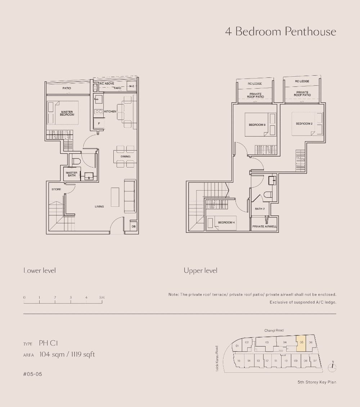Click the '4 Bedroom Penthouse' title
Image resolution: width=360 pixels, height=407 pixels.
280,32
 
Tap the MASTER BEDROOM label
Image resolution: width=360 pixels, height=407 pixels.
67,113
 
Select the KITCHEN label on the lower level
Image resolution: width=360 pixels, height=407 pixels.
110,112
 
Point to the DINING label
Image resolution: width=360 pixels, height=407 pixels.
126,157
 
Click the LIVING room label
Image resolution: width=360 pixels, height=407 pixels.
99,207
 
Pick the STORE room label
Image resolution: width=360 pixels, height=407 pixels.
56,189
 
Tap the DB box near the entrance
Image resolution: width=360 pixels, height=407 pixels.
134,227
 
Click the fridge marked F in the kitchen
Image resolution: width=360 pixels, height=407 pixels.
99,124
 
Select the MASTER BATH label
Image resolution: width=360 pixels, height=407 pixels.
71,174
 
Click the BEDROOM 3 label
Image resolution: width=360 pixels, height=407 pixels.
257,125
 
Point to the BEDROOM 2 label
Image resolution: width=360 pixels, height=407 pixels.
304,124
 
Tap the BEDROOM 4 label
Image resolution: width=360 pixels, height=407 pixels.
226,223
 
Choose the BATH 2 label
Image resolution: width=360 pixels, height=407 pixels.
260,209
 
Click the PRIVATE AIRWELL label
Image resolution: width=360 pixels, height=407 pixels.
265,227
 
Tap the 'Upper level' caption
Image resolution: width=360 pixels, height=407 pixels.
201,270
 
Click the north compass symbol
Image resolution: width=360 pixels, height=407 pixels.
332,367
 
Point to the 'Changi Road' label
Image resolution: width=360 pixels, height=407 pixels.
274,330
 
